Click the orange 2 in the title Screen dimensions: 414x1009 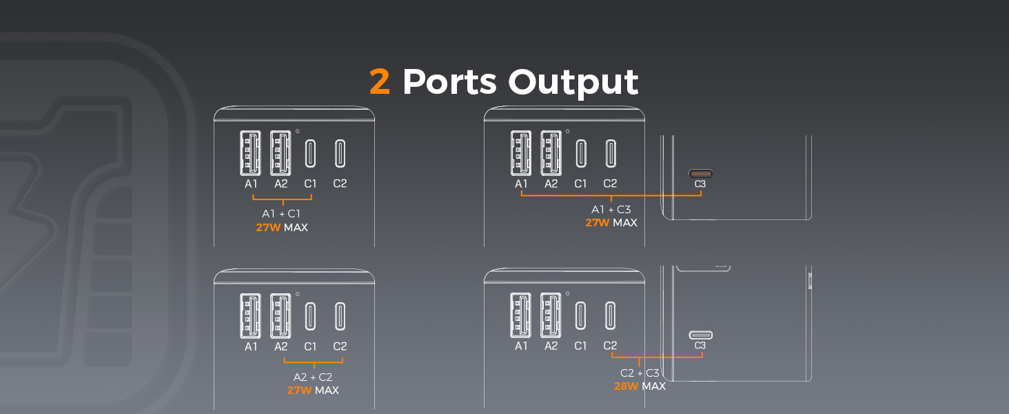(x=380, y=82)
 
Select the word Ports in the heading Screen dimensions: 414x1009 (x=449, y=82)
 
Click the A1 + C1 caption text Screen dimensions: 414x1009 (x=282, y=214)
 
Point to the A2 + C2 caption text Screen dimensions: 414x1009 (x=313, y=377)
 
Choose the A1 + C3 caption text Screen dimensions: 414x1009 (x=611, y=210)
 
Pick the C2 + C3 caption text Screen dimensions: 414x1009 (x=640, y=373)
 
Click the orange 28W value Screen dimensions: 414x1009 (x=626, y=386)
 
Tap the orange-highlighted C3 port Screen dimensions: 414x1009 (x=700, y=174)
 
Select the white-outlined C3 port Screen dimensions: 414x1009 (x=700, y=335)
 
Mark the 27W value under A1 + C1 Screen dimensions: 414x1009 (x=268, y=227)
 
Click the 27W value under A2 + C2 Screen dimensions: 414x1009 (x=299, y=391)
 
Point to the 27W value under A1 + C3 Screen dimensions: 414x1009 (x=598, y=223)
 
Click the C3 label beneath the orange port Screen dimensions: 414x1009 (x=700, y=184)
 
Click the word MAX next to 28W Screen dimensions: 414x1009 (x=653, y=386)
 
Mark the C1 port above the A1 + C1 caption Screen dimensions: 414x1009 (x=310, y=153)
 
